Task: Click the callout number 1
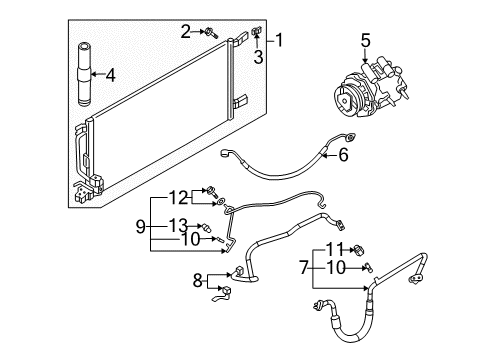pos(281,41)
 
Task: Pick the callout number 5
pos(365,42)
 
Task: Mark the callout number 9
pos(144,225)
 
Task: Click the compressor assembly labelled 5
pos(370,85)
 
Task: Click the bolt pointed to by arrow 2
pos(213,32)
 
